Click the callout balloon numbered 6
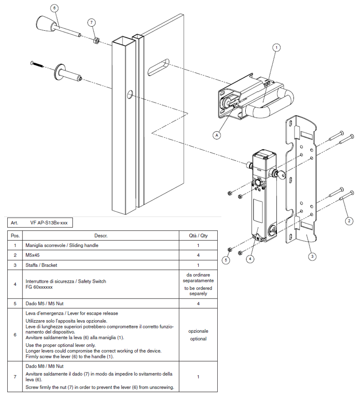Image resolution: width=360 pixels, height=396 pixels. pos(55,8)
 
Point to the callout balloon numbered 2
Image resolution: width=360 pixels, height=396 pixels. pos(349,221)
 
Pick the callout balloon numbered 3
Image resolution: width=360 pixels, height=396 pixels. pos(312,256)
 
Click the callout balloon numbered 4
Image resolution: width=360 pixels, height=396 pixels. pos(249,259)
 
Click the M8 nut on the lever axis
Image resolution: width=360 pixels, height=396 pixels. pos(96,41)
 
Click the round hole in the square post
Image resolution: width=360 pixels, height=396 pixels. pos(130,94)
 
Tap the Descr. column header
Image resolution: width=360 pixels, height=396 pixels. pos(100,236)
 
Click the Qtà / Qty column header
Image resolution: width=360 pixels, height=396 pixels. pos(198,236)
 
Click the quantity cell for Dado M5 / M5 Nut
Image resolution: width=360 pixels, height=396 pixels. pos(198,303)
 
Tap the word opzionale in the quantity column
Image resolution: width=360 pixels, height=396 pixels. pos(198,331)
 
